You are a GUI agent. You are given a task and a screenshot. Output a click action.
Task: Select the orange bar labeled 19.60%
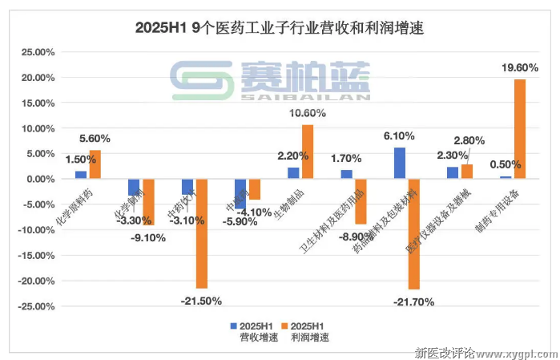tap(519, 128)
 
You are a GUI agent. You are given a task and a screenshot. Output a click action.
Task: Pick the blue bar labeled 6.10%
tap(400, 163)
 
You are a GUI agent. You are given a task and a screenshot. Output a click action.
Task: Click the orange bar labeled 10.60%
tap(308, 152)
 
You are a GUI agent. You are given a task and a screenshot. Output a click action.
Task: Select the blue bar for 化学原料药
tap(81, 175)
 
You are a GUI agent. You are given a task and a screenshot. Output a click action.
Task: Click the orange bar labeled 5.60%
tap(95, 164)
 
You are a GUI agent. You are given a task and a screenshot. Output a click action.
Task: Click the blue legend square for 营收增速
tap(233, 326)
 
